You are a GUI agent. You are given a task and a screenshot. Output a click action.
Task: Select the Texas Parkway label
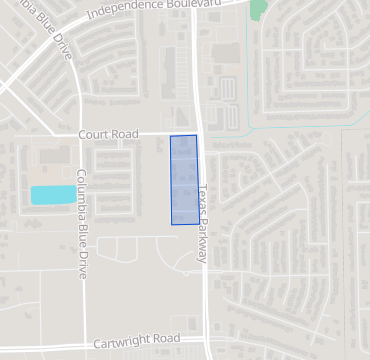pyautogui.click(x=203, y=223)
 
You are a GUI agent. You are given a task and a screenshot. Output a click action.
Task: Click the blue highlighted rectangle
pyautogui.click(x=184, y=180)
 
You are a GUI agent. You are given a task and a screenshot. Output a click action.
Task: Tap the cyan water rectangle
pyautogui.click(x=53, y=195)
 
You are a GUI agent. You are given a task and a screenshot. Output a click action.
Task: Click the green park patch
pyautogui.click(x=259, y=9)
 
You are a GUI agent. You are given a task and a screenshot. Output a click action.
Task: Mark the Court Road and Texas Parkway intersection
pyautogui.click(x=200, y=133)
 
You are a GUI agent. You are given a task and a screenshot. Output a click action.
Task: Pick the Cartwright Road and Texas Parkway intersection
pyautogui.click(x=207, y=337)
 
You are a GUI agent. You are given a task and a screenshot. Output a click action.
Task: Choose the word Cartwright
pyautogui.click(x=122, y=343)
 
